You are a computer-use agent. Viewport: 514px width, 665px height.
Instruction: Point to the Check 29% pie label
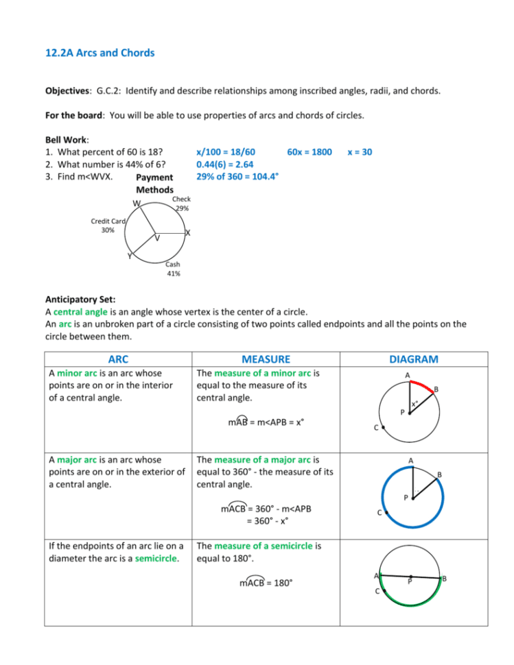point(181,204)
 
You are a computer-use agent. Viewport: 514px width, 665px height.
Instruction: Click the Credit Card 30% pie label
point(108,226)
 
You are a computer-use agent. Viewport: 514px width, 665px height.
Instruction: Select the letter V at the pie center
point(157,239)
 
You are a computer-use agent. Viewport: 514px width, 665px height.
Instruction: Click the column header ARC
point(114,359)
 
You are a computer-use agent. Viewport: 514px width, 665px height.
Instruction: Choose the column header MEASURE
point(266,359)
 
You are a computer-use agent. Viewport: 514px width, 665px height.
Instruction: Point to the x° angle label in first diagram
point(414,404)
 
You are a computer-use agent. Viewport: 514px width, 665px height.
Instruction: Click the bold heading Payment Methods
point(155,183)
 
